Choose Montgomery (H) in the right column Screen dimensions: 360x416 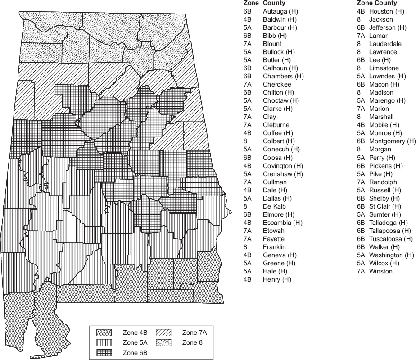tap(392, 141)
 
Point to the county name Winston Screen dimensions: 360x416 tap(380, 271)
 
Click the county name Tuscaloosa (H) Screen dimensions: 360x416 tap(390, 239)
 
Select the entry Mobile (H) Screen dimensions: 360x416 tap(384, 125)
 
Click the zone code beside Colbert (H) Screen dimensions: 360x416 tap(245, 141)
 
